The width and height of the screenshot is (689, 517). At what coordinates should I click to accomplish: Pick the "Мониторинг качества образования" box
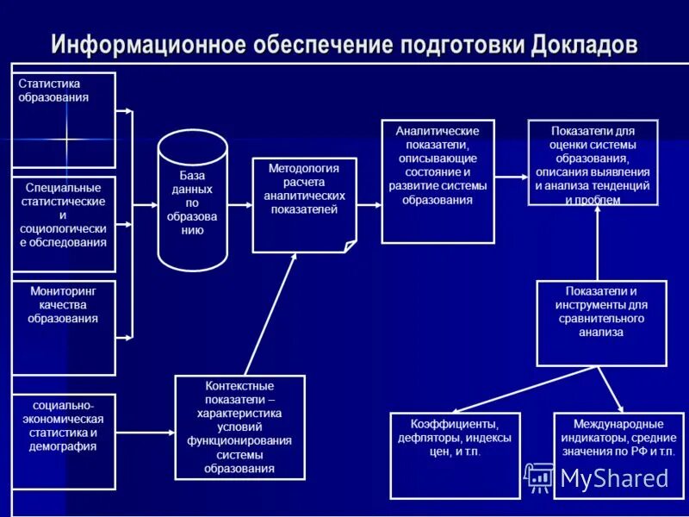(x=64, y=327)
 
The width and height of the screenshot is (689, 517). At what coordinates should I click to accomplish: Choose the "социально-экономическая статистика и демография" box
(x=64, y=442)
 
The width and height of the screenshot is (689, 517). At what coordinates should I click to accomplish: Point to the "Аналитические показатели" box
(x=438, y=181)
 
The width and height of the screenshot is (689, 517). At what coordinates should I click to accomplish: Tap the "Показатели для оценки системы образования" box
(x=593, y=163)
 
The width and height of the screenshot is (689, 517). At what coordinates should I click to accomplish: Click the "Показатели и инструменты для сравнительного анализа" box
(x=601, y=323)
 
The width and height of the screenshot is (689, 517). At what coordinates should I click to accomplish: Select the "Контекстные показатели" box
(x=239, y=427)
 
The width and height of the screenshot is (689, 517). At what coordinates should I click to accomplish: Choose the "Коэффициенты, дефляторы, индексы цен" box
(x=455, y=455)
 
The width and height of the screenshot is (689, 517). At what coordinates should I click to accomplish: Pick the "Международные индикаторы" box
(x=618, y=455)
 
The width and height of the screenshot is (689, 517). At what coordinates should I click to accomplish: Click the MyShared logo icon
(x=540, y=477)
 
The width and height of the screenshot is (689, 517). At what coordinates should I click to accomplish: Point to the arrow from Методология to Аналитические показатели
(x=369, y=205)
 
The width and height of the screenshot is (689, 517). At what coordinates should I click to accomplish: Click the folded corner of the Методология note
(x=350, y=246)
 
